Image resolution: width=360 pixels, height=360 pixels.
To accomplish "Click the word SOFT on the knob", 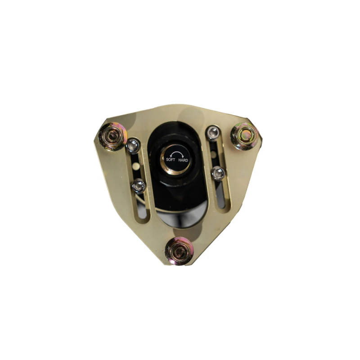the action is coord(171,160).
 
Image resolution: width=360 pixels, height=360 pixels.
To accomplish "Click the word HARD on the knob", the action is coord(183,160).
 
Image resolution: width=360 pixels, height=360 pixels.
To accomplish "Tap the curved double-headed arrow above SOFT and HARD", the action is coord(177,153).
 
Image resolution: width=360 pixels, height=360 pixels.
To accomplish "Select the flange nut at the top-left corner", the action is coord(113,137).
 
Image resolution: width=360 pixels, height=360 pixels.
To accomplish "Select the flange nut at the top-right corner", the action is coord(245,136).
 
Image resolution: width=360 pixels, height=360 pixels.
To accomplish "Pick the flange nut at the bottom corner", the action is coord(179,252).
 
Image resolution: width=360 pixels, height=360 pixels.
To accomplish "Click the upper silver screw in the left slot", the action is coord(133,146).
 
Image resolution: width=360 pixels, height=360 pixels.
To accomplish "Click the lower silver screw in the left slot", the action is coord(139,186).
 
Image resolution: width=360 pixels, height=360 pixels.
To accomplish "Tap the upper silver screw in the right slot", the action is coord(213,133).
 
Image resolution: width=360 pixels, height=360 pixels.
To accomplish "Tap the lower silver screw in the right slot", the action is coord(218,174).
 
